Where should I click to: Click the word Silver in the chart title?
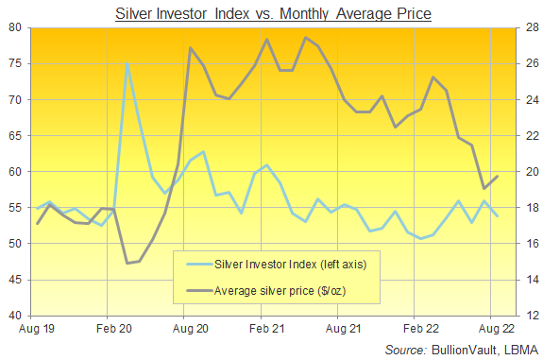(x=133, y=14)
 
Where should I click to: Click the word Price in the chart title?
(x=413, y=14)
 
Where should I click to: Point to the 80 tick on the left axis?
(x=15, y=27)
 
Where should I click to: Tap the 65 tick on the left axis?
(x=15, y=135)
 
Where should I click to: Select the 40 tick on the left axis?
(x=15, y=316)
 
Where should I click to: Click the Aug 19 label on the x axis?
(x=37, y=329)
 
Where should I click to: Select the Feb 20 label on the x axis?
(x=114, y=329)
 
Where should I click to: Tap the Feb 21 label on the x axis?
(x=266, y=329)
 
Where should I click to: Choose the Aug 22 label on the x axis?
(x=497, y=329)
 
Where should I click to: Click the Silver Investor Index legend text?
(x=291, y=265)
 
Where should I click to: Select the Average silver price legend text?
(x=280, y=290)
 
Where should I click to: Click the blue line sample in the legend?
(x=199, y=265)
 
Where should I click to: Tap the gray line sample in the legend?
(x=199, y=290)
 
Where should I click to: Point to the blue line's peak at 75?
(x=127, y=63)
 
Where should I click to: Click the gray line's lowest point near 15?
(x=127, y=263)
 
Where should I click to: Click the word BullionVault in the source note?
(x=464, y=350)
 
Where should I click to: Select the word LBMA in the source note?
(x=521, y=350)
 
